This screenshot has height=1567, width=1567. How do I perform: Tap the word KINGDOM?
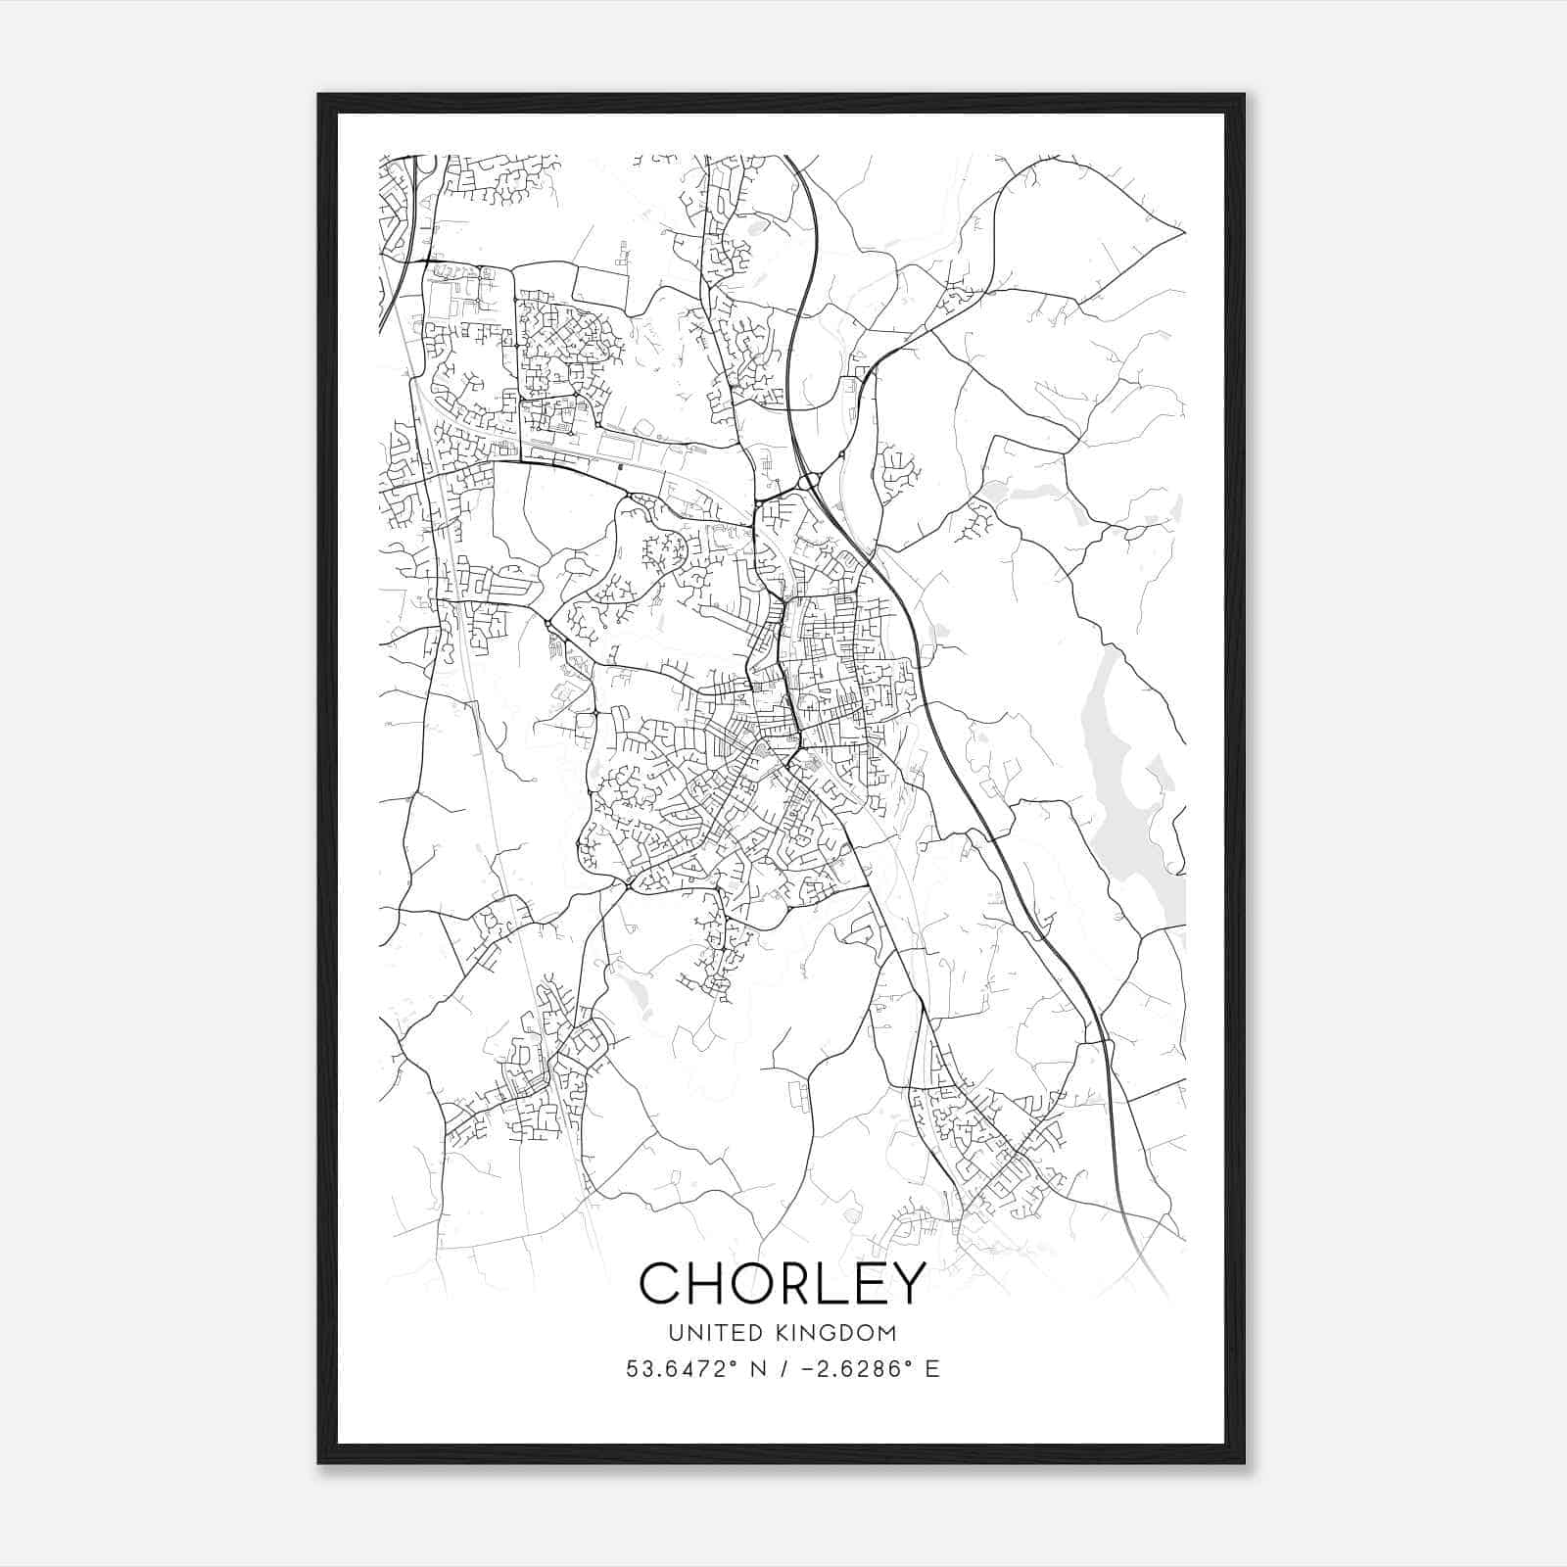(846, 1333)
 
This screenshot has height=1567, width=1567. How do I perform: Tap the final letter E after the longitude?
(932, 1369)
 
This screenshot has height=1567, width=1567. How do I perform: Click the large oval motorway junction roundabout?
(809, 481)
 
